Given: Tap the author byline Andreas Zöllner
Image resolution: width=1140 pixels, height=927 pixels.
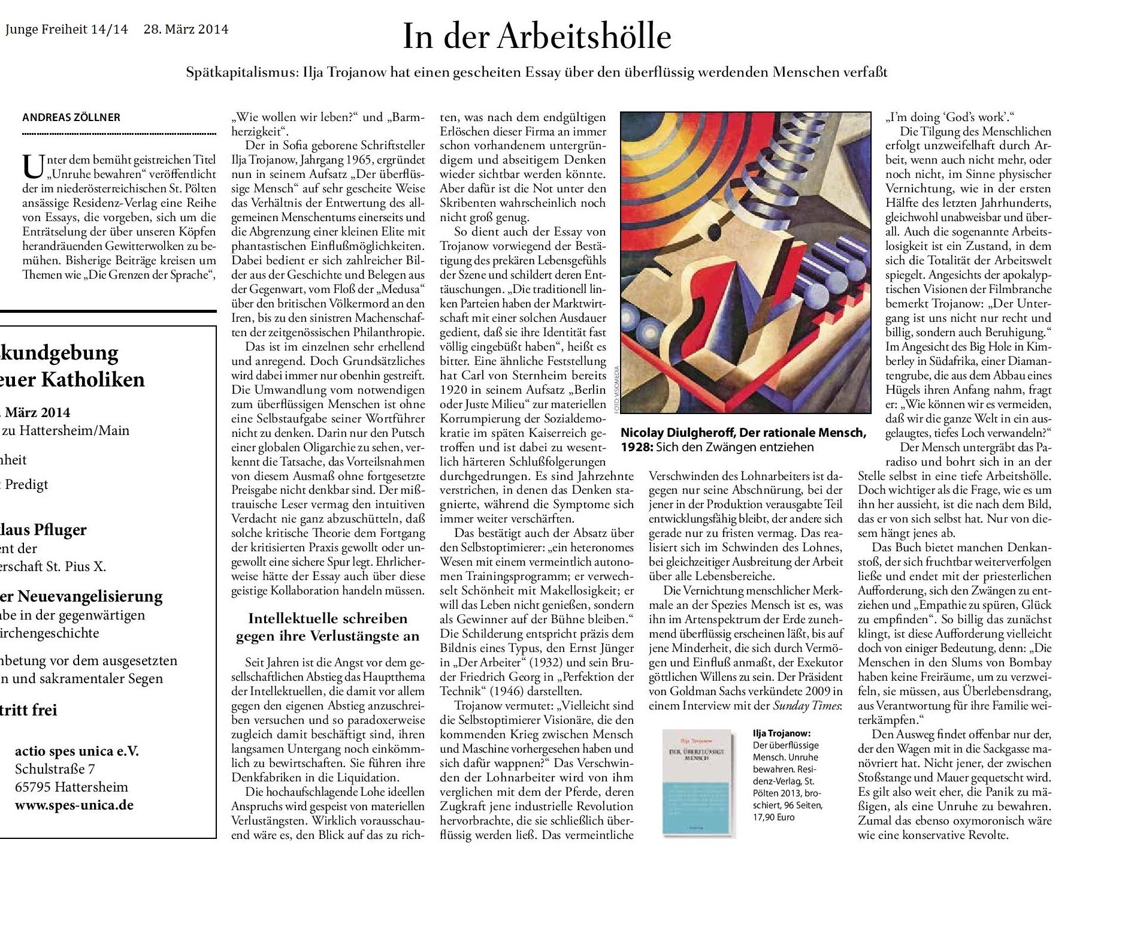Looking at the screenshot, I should tap(71, 117).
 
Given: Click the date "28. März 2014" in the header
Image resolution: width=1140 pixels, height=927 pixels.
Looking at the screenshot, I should tap(186, 29).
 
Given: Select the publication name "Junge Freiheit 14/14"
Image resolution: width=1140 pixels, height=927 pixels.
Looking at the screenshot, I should tap(66, 29).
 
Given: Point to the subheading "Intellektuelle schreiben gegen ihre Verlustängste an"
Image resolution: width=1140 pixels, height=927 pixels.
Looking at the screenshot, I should tap(328, 627).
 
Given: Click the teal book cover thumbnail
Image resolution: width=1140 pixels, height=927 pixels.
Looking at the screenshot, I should tap(698, 781).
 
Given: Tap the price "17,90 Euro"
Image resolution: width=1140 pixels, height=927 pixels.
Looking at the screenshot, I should tap(774, 817).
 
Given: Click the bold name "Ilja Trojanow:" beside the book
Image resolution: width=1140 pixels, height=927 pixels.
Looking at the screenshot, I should tap(781, 733).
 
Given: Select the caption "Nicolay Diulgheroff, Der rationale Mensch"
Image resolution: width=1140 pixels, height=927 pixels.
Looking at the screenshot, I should tap(743, 433).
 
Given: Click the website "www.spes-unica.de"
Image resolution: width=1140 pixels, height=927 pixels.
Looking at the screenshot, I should tap(74, 805).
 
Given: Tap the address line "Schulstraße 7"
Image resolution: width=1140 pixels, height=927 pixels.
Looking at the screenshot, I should tap(55, 769).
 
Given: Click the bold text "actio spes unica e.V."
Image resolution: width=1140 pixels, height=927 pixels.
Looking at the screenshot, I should tap(77, 751).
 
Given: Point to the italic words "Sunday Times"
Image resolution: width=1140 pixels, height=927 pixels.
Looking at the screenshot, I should tap(806, 705).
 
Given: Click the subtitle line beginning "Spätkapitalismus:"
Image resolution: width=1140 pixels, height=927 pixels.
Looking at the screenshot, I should tap(537, 73).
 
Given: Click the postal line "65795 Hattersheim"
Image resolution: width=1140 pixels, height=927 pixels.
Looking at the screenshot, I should tap(72, 787).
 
